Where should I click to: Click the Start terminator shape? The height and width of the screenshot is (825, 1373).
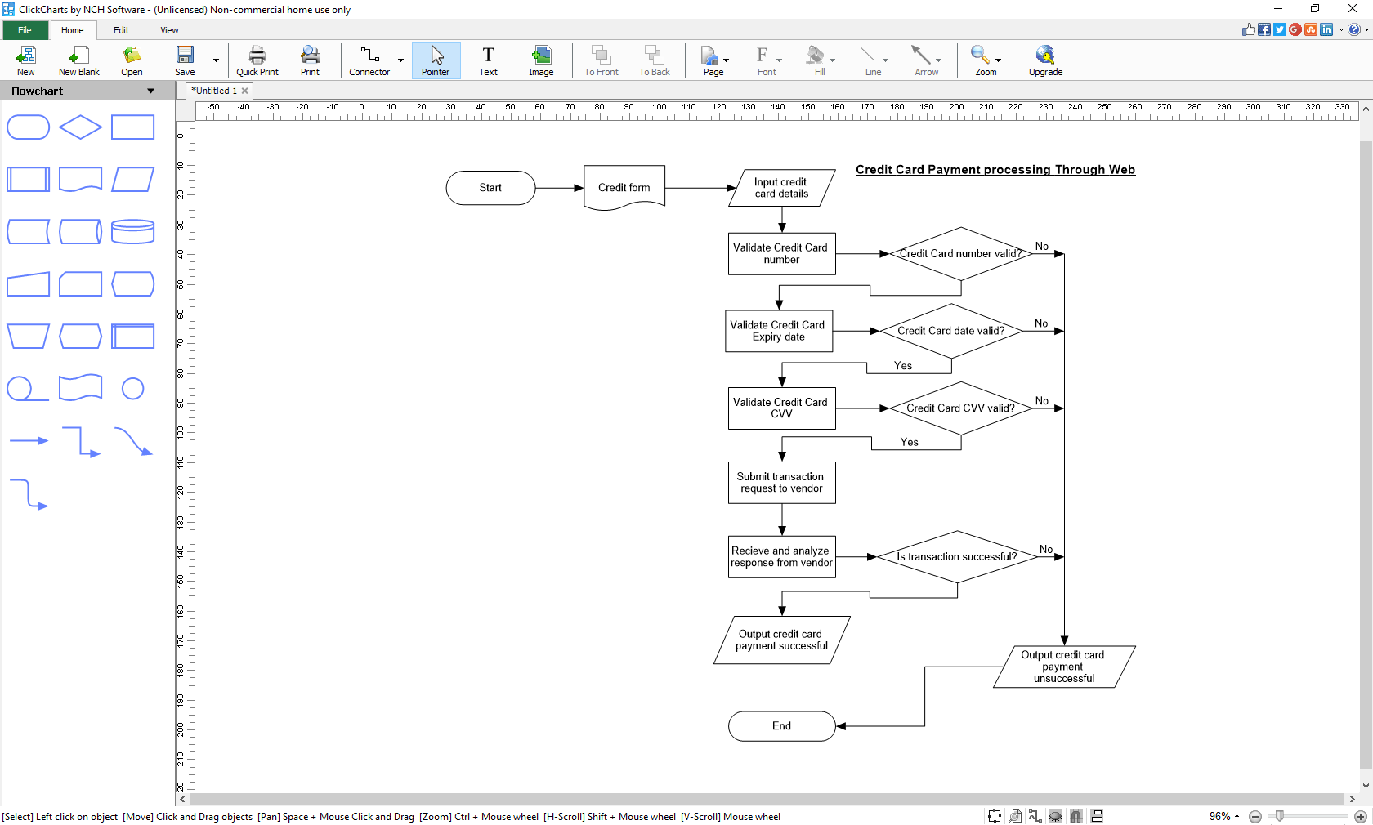(490, 188)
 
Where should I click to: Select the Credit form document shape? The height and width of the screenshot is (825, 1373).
(624, 188)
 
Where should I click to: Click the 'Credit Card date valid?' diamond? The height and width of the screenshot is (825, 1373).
(950, 331)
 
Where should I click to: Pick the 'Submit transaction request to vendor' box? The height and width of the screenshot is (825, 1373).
(781, 483)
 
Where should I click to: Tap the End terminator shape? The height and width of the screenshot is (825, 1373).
(781, 726)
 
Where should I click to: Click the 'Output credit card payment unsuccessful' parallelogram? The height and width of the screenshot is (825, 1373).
(1063, 667)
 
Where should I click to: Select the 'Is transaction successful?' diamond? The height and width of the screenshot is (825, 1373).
(956, 557)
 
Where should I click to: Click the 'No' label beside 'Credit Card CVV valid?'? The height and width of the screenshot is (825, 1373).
(1041, 401)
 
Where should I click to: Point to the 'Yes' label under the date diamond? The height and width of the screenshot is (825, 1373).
(902, 366)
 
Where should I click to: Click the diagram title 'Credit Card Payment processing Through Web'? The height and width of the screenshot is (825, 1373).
(995, 170)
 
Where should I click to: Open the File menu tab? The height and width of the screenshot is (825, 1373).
(25, 30)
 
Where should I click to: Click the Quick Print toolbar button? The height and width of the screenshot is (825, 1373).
(257, 61)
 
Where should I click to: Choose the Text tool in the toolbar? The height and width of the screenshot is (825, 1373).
(488, 61)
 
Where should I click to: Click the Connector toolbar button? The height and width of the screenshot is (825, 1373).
(369, 61)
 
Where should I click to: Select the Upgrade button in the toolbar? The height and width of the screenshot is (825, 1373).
(1045, 61)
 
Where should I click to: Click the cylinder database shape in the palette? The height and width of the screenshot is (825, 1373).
(132, 231)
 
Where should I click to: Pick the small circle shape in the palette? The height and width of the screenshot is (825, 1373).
(132, 389)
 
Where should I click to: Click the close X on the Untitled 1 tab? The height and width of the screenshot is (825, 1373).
(244, 91)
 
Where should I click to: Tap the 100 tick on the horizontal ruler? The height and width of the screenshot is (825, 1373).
(659, 108)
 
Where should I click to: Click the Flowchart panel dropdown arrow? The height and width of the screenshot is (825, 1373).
(150, 91)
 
